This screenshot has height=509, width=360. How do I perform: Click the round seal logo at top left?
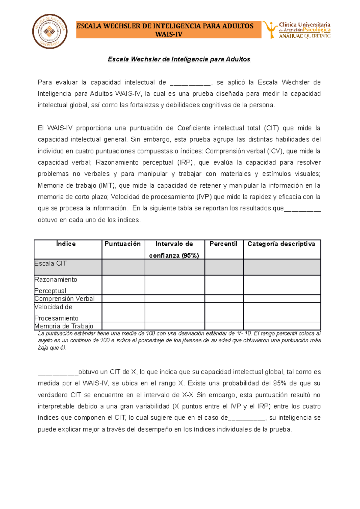pyautogui.click(x=50, y=31)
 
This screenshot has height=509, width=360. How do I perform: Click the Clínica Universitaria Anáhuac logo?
pyautogui.click(x=296, y=30)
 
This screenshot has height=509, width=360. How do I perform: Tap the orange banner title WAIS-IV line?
pyautogui.click(x=169, y=34)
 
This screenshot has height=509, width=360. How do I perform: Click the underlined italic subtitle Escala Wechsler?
pyautogui.click(x=179, y=59)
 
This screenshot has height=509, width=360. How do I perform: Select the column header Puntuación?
pyautogui.click(x=123, y=244)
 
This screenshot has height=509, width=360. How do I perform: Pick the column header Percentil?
pyautogui.click(x=223, y=244)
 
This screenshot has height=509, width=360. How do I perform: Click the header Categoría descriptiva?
pyautogui.click(x=281, y=244)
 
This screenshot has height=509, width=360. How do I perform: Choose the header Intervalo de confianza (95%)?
pyautogui.click(x=174, y=249)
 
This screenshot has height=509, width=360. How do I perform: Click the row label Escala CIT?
pyautogui.click(x=51, y=263)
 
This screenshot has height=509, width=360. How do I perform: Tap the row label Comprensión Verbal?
pyautogui.click(x=64, y=299)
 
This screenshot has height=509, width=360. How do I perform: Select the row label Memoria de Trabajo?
pyautogui.click(x=64, y=326)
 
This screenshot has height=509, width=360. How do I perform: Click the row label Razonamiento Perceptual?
pyautogui.click(x=56, y=285)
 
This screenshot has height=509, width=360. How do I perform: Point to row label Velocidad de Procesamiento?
pyautogui.click(x=56, y=312)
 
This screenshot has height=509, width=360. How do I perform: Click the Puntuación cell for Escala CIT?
pyautogui.click(x=123, y=267)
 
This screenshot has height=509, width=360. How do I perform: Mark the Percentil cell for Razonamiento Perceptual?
pyautogui.click(x=224, y=285)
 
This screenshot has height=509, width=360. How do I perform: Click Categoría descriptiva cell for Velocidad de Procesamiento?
pyautogui.click(x=282, y=312)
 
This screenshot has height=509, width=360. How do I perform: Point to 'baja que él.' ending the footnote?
pyautogui.click(x=52, y=348)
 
